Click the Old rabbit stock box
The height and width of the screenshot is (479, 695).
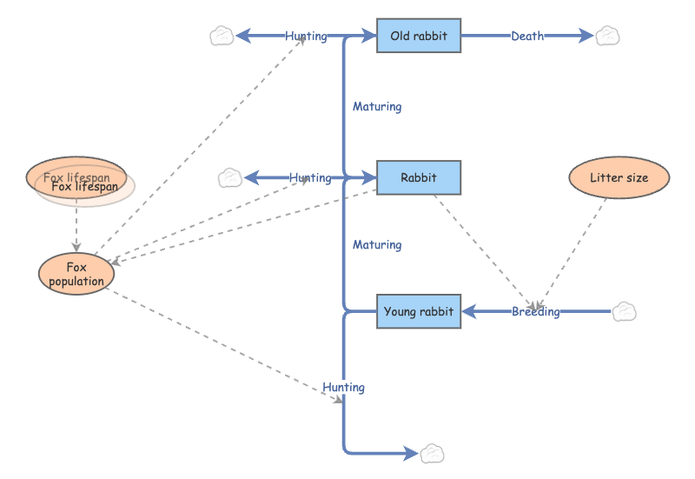[418, 36]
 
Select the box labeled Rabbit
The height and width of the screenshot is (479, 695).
[418, 177]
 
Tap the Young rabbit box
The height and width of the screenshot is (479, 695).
[418, 311]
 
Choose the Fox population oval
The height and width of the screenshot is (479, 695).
[76, 274]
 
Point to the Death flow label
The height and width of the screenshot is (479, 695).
[527, 36]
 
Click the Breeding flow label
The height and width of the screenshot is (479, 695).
[535, 311]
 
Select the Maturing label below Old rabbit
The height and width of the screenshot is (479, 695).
[377, 107]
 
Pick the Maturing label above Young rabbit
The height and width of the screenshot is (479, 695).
[377, 245]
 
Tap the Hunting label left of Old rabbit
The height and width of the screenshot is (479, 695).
[306, 36]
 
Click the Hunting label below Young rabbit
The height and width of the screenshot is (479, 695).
[343, 387]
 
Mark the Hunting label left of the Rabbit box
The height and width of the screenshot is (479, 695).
[310, 177]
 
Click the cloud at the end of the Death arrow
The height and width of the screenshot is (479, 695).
[607, 36]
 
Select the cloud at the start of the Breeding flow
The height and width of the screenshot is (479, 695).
[625, 311]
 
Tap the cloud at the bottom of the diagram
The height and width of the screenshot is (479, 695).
[433, 453]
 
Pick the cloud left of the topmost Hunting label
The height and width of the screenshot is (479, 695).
[222, 36]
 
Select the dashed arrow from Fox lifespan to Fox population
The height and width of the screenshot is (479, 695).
[76, 228]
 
